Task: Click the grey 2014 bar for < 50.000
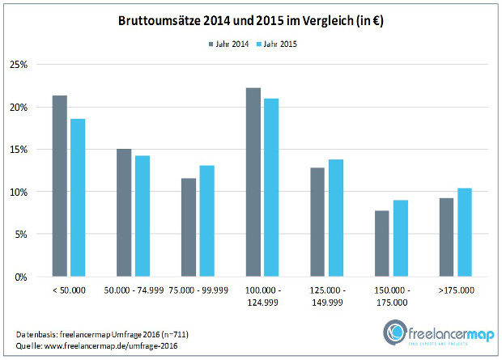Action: point(59,186)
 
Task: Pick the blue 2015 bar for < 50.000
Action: point(78,197)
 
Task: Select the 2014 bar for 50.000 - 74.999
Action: point(123,213)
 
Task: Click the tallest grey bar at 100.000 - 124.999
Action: point(253,182)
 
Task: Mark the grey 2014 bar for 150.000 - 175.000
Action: point(381,244)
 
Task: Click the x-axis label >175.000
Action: point(455,289)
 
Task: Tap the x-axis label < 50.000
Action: point(68,289)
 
